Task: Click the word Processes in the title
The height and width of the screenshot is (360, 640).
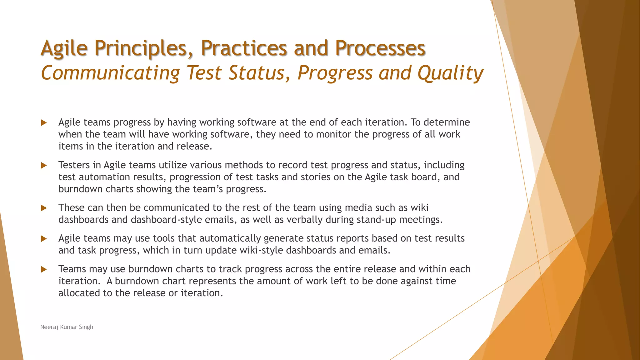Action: click(x=380, y=48)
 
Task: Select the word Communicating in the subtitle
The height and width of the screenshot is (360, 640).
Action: click(x=110, y=73)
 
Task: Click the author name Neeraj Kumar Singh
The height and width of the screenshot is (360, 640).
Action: click(x=67, y=327)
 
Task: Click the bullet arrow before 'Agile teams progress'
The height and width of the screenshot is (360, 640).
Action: click(x=44, y=122)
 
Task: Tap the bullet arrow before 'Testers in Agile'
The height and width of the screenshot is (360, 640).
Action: click(x=44, y=165)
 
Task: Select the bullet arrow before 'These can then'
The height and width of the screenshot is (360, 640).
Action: click(x=44, y=208)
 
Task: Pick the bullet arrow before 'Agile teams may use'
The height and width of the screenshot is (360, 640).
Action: click(x=44, y=239)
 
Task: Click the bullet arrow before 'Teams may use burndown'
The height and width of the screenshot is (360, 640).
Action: click(x=44, y=269)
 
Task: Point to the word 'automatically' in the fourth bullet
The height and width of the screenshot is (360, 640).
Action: click(x=230, y=238)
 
